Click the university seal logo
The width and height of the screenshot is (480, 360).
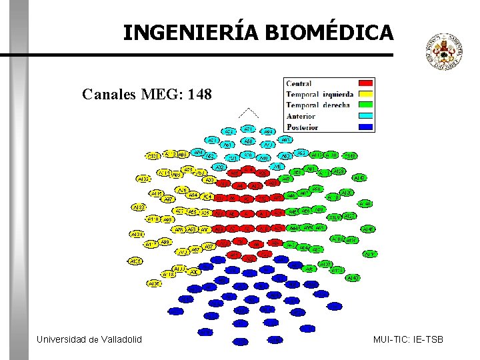click(444, 53)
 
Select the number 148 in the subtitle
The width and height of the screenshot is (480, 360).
click(200, 95)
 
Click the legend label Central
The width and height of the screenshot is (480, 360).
click(299, 83)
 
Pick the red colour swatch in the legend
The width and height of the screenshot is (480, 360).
click(366, 83)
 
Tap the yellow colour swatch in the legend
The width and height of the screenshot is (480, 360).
click(366, 94)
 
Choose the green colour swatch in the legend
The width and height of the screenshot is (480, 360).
click(366, 105)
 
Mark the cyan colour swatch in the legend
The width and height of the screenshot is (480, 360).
click(366, 116)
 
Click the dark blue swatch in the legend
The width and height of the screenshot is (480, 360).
click(366, 127)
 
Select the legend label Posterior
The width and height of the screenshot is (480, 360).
click(302, 127)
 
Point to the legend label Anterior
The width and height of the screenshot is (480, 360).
click(301, 116)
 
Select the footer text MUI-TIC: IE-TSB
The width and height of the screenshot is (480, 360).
click(408, 340)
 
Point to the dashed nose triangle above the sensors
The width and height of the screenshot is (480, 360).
click(248, 113)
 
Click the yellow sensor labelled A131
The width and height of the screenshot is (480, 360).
click(153, 156)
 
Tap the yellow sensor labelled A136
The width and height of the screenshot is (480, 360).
click(153, 283)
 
